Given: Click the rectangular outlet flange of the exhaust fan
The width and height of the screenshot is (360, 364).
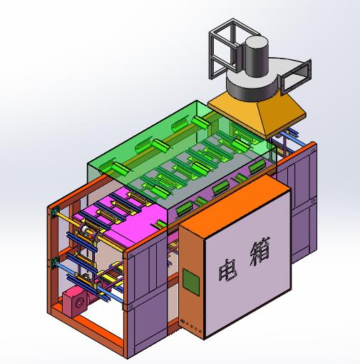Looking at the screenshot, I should tap(299, 71).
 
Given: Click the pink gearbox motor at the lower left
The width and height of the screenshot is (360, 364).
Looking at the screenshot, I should tap(73, 302).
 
